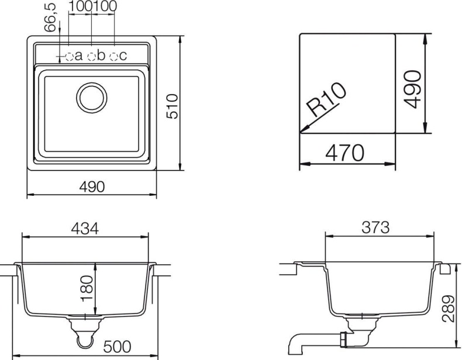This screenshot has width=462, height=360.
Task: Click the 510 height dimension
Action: pos(171,105)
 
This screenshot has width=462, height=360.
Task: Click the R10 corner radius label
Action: pos(326,101)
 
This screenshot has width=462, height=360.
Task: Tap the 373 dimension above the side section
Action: pos(375,229)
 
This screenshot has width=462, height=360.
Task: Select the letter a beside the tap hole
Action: pos(78,56)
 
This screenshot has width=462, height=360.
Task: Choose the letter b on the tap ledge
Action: pos(101,56)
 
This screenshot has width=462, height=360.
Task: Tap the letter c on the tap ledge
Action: pos(123,56)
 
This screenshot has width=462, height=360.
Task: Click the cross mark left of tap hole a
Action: pos(62,56)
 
